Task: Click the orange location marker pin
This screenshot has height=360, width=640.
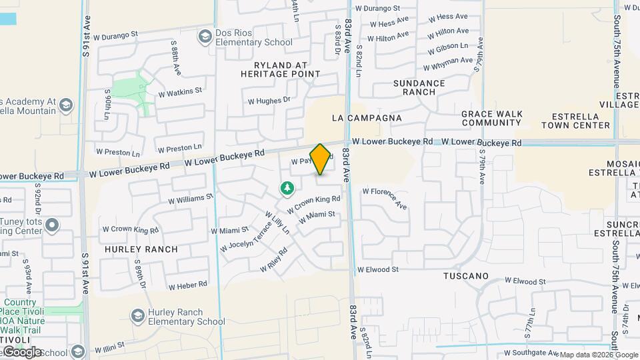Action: coord(320,159)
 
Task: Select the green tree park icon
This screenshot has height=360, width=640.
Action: coord(287,189)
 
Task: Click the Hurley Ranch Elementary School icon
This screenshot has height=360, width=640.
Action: coord(137,315)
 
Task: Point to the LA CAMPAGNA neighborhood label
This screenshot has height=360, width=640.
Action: coord(367,118)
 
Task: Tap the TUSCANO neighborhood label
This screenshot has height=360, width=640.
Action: coord(466,276)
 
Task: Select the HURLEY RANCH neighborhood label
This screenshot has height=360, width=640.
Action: coord(141,249)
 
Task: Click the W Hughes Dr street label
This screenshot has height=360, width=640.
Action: coord(269,101)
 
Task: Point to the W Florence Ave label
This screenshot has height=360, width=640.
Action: coord(384,197)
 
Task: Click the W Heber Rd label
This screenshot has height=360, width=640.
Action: coord(187,285)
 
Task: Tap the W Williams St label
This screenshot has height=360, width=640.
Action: coord(190,198)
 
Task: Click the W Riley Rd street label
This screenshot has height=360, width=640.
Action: coord(273,259)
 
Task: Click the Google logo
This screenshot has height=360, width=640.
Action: coord(22,352)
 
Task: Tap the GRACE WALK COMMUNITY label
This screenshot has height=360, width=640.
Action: coord(491,118)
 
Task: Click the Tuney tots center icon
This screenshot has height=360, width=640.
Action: coord(53,226)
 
